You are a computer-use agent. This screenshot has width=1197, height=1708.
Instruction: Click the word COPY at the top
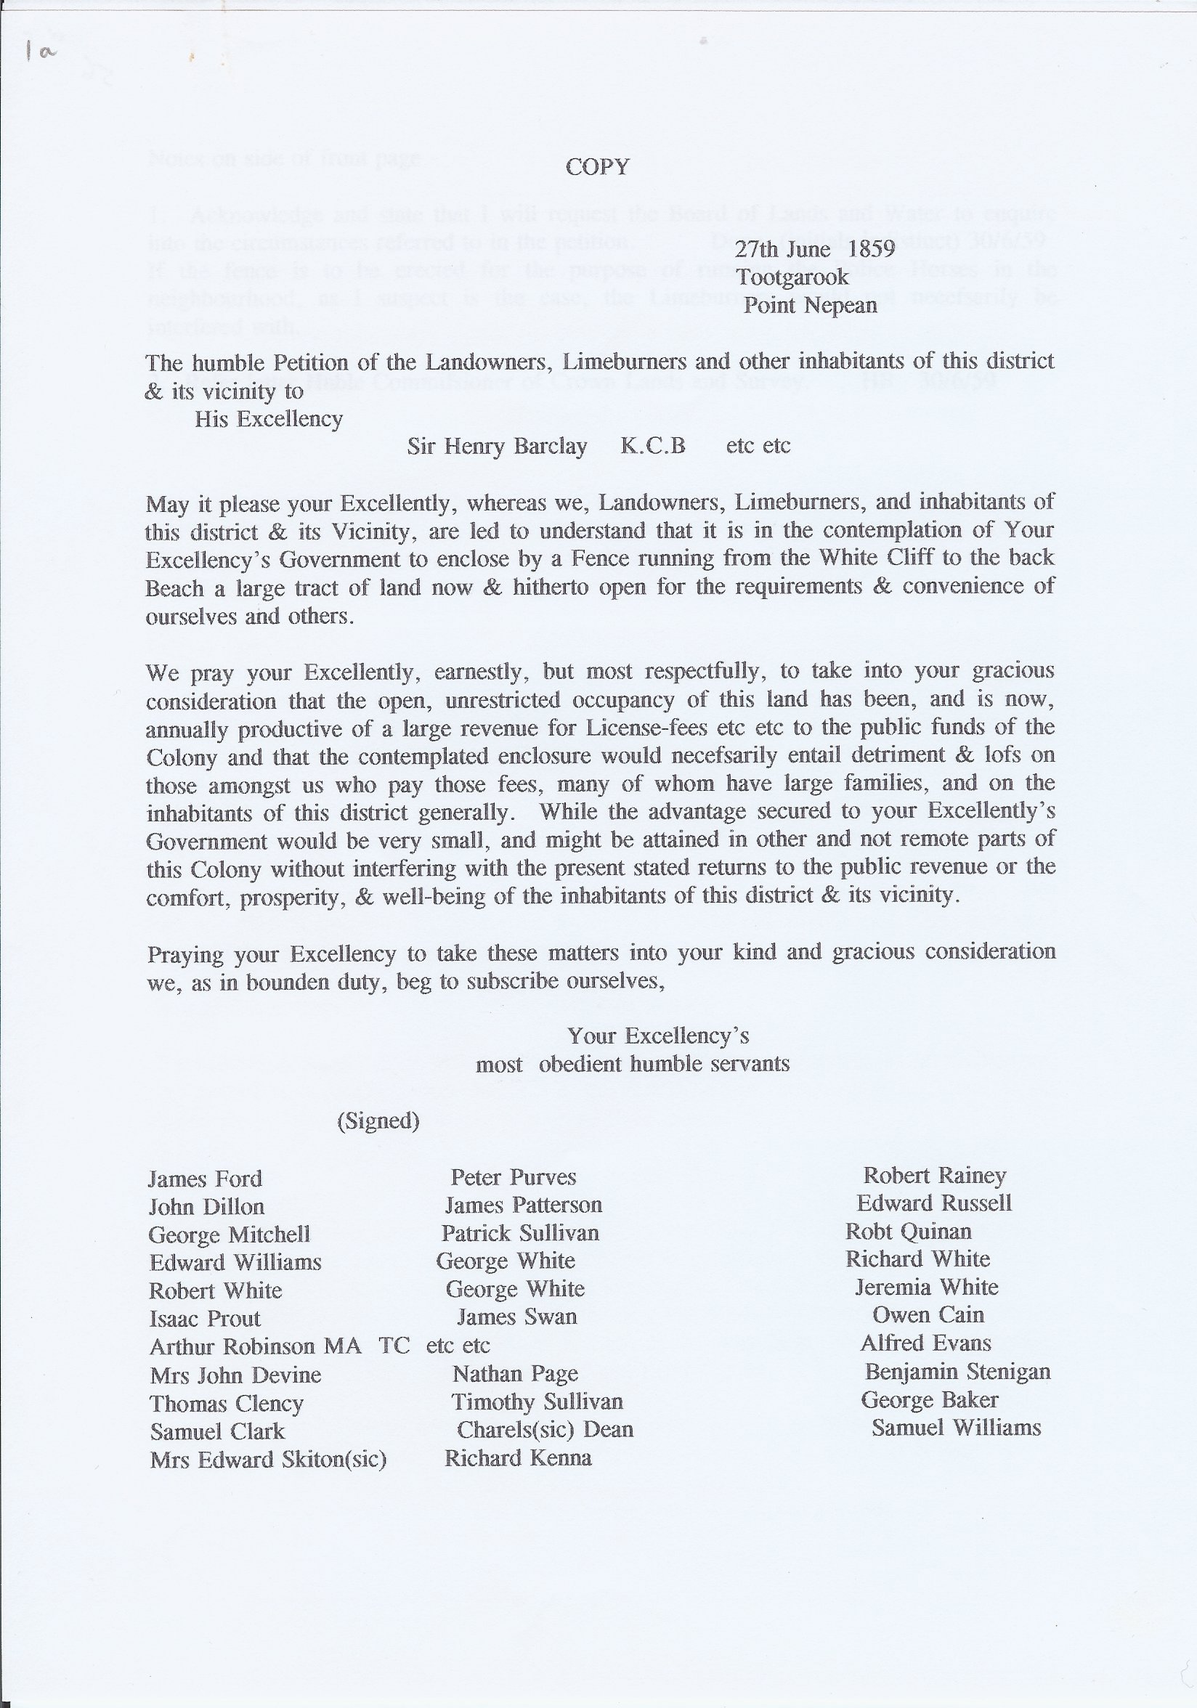pyautogui.click(x=597, y=166)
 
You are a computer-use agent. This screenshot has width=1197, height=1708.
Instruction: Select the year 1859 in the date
pyautogui.click(x=871, y=249)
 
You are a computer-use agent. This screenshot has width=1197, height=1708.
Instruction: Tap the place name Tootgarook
pyautogui.click(x=792, y=277)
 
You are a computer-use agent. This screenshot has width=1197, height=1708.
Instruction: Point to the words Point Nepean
pyautogui.click(x=810, y=306)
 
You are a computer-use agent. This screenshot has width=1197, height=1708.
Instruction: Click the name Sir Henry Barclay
pyautogui.click(x=497, y=447)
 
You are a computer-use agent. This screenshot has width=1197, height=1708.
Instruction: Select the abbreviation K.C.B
pyautogui.click(x=652, y=446)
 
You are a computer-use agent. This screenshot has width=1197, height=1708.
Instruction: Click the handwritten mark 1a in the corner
pyautogui.click(x=41, y=52)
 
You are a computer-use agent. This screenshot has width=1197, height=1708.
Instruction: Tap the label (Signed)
pyautogui.click(x=378, y=1121)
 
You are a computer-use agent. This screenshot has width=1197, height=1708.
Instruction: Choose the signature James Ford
pyautogui.click(x=206, y=1179)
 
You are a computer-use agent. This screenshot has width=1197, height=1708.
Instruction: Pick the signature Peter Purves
pyautogui.click(x=514, y=1178)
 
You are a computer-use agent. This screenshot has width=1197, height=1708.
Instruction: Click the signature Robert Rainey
pyautogui.click(x=934, y=1176)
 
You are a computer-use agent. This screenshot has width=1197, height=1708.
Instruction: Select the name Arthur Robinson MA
pyautogui.click(x=255, y=1346)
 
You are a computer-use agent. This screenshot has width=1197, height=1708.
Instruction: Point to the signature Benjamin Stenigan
pyautogui.click(x=957, y=1371)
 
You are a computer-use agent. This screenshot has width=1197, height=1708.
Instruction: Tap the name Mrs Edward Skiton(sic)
pyautogui.click(x=268, y=1460)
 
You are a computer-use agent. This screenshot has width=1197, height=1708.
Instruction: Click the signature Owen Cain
pyautogui.click(x=928, y=1315)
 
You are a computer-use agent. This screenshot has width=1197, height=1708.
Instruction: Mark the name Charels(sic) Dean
pyautogui.click(x=545, y=1430)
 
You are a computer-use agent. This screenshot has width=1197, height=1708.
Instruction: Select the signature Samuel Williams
pyautogui.click(x=956, y=1428)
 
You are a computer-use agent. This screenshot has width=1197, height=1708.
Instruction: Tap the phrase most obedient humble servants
pyautogui.click(x=633, y=1065)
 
